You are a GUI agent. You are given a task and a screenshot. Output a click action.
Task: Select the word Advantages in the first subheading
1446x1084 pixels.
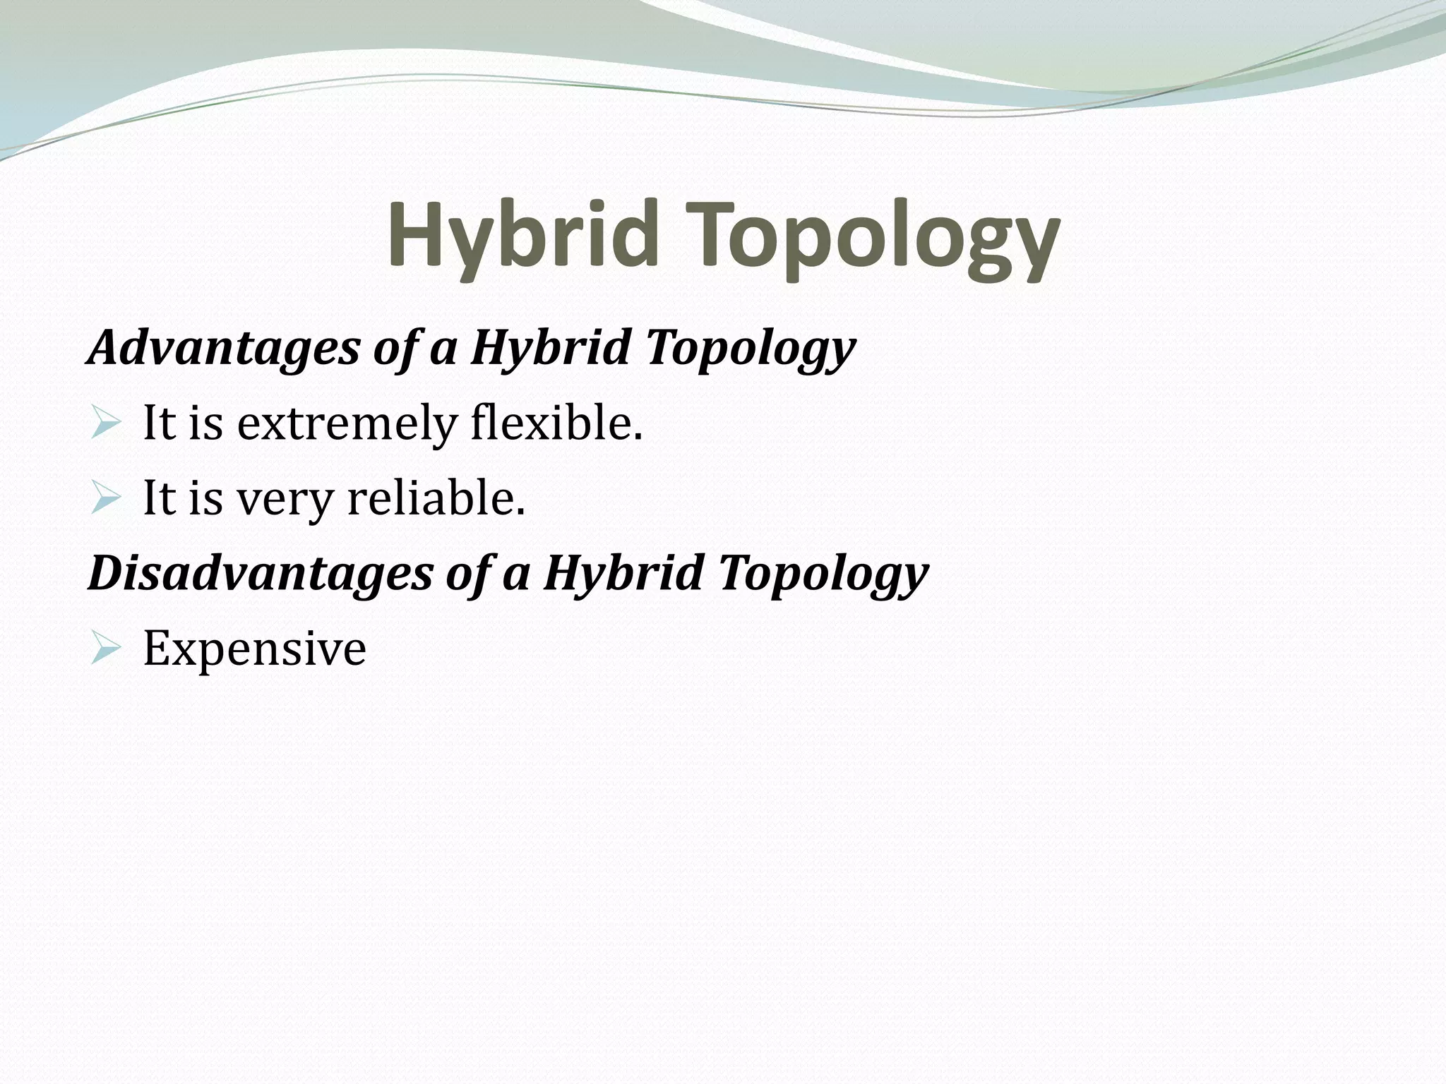(x=223, y=348)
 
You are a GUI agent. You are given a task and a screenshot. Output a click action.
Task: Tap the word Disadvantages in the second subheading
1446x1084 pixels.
(x=260, y=573)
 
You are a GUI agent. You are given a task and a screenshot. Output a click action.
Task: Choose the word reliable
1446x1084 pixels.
(x=436, y=499)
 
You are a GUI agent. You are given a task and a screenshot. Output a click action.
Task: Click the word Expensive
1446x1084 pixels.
(x=254, y=649)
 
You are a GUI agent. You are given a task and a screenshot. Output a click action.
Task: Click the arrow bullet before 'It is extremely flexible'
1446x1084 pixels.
(x=106, y=425)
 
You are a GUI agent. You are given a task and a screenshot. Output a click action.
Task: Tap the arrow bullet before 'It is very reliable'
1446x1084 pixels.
(x=106, y=500)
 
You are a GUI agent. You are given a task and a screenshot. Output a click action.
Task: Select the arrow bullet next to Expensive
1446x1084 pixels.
(x=106, y=649)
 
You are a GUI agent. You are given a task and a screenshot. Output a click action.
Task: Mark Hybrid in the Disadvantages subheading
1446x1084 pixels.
(x=623, y=573)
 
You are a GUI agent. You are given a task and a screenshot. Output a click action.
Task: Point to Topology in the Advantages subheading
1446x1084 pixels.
(x=750, y=350)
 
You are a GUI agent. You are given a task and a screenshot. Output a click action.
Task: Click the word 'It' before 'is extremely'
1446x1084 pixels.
(x=158, y=424)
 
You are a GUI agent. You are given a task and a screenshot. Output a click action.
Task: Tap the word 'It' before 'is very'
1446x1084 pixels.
(x=158, y=499)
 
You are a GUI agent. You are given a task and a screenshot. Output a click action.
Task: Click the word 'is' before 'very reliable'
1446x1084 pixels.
(x=205, y=499)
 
